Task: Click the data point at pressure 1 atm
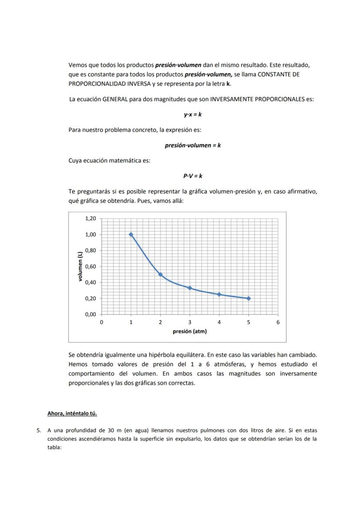pos(131,234)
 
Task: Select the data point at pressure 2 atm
pos(160,274)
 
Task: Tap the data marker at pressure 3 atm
pos(190,288)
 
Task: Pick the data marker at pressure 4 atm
pos(219,294)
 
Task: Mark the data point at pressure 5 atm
pos(248,298)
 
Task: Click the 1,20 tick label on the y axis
pos(90,219)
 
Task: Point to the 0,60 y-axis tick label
pos(90,266)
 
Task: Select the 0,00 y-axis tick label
pos(90,314)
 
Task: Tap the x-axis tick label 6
pos(278,323)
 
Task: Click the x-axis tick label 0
pos(102,323)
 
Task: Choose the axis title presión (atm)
pos(190,331)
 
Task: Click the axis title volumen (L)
pos(80,266)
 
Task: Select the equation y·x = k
pos(193,115)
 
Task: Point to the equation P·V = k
pos(193,176)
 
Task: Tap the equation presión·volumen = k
pos(193,145)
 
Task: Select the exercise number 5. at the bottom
pos(39,430)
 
